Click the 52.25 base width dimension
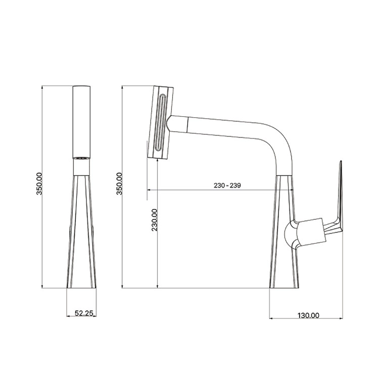[x=84, y=313]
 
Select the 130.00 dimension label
[x=308, y=315]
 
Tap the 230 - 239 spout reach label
[x=227, y=185]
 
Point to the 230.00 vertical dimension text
[x=155, y=220]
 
